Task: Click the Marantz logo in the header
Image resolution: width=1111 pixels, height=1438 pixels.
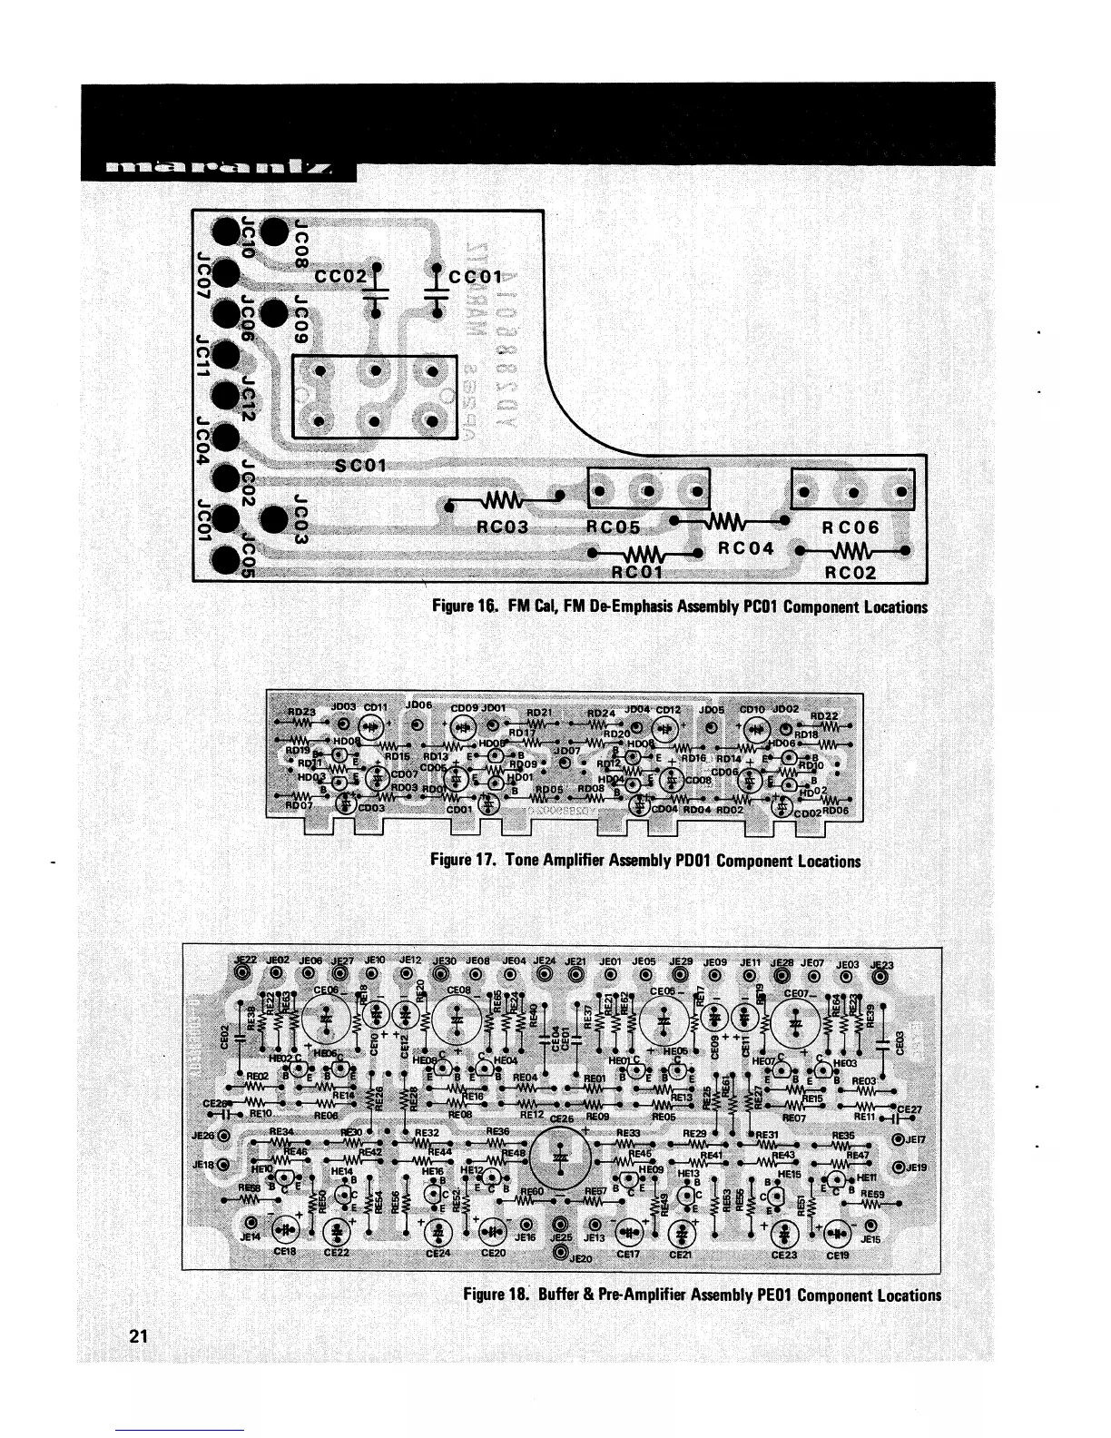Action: [217, 169]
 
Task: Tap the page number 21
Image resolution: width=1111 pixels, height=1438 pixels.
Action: [138, 1335]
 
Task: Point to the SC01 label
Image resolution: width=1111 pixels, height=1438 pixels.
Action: [361, 466]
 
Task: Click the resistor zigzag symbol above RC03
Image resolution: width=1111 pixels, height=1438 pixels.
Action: [503, 501]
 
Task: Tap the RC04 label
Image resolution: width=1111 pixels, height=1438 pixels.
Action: [745, 548]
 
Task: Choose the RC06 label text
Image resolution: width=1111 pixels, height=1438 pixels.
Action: [850, 527]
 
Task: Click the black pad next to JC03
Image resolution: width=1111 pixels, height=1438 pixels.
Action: [274, 520]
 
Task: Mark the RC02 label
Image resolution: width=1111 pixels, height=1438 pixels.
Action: [850, 573]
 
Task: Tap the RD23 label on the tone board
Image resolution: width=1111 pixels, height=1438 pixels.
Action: [301, 713]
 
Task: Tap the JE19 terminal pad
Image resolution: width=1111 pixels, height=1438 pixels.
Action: [900, 1167]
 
